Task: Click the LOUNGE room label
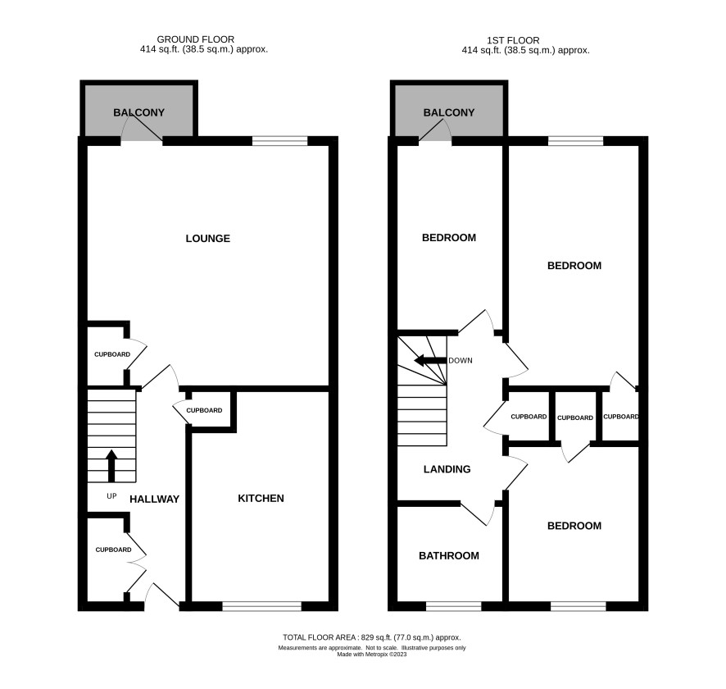[x=207, y=238]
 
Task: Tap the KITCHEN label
[x=261, y=498]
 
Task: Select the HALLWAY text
[x=154, y=499]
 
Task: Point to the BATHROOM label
[x=449, y=555]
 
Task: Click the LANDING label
[x=447, y=469]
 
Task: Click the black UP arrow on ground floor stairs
[x=111, y=466]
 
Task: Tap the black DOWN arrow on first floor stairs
[x=430, y=360]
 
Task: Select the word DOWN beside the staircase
[x=461, y=360]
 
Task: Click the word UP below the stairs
[x=111, y=495]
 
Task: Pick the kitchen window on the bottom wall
[x=262, y=606]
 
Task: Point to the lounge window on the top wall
[x=279, y=141]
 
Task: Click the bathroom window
[x=454, y=606]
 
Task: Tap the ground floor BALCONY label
[x=139, y=112]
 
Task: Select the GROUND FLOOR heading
[x=195, y=39]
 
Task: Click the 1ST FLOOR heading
[x=513, y=40]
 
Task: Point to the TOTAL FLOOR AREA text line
[x=372, y=637]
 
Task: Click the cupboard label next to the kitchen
[x=204, y=410]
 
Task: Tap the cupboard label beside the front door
[x=113, y=550]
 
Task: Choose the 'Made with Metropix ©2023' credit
[x=372, y=655]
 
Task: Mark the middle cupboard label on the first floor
[x=575, y=418]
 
